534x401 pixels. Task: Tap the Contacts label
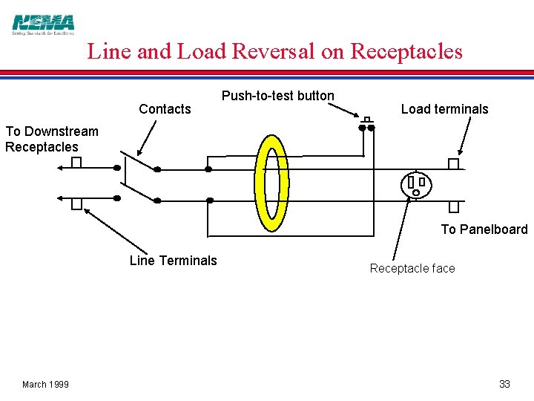click(x=165, y=109)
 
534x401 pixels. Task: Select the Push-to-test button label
click(x=277, y=96)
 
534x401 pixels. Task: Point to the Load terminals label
click(x=444, y=109)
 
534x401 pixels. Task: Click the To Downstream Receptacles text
click(x=51, y=139)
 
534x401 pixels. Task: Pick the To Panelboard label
click(x=484, y=229)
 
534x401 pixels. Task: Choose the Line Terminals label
click(x=173, y=260)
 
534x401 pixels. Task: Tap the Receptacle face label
click(x=412, y=268)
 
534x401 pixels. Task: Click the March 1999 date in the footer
click(x=45, y=384)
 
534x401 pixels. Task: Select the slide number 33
click(x=504, y=384)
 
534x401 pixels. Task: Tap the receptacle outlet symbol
click(x=416, y=185)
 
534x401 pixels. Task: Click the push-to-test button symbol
click(x=367, y=123)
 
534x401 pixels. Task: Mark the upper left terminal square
click(x=76, y=163)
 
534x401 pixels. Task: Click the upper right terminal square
click(x=453, y=164)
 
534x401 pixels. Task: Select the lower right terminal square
click(x=453, y=207)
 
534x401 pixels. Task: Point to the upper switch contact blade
click(x=138, y=160)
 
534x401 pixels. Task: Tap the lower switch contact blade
click(x=138, y=191)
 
